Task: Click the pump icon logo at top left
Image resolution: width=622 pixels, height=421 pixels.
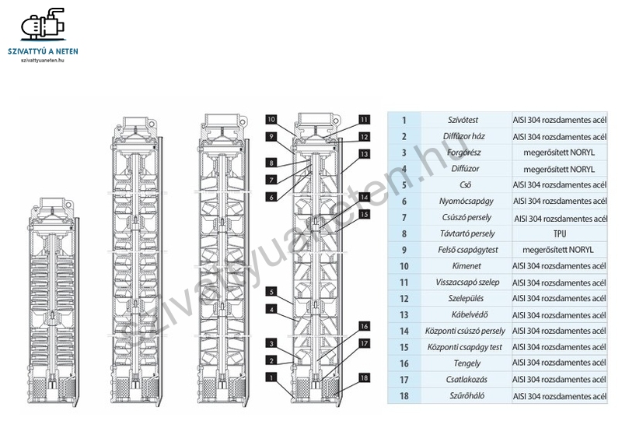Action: click(x=44, y=26)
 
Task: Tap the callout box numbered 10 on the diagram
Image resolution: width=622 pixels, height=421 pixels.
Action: click(x=271, y=120)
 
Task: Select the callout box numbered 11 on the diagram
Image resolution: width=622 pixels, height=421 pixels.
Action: click(x=364, y=120)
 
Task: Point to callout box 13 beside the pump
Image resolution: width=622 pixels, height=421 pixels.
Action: click(x=364, y=154)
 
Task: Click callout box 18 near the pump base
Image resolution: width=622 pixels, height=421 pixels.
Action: click(x=364, y=378)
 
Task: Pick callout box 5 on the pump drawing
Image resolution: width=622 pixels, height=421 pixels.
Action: click(x=271, y=292)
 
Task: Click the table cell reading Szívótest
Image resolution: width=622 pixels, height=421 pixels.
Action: click(x=466, y=120)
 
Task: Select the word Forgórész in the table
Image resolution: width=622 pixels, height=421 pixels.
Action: click(x=466, y=153)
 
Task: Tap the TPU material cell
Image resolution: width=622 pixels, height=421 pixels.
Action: click(x=559, y=233)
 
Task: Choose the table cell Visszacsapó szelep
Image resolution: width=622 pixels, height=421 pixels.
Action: click(x=466, y=282)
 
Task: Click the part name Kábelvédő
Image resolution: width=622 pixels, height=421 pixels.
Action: click(x=466, y=314)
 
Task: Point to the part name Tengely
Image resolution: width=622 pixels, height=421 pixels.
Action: click(x=466, y=363)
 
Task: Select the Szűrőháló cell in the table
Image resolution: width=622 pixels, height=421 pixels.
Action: click(x=466, y=395)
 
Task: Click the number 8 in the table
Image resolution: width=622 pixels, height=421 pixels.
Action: click(x=404, y=233)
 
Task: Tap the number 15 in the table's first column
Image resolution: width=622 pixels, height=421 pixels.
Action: click(x=404, y=346)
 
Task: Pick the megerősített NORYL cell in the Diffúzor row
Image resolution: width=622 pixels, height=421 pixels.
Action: click(x=559, y=169)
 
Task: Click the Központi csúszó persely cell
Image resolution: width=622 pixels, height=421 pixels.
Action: click(x=466, y=331)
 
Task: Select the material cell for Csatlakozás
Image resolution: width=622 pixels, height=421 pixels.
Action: click(x=559, y=379)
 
